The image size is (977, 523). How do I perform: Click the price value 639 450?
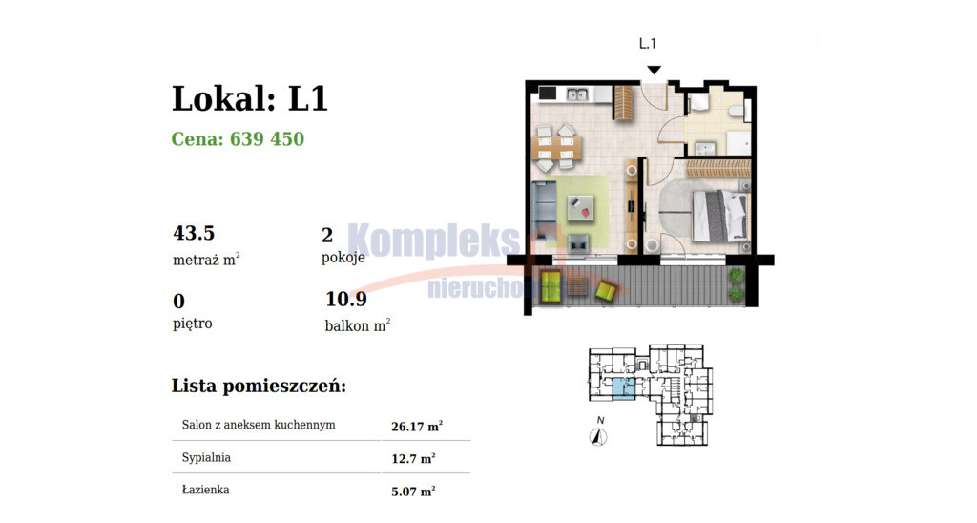pos(267,138)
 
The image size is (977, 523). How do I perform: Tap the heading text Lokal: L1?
pos(250,98)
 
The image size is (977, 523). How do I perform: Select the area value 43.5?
pos(194,233)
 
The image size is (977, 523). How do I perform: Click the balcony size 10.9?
pos(346,300)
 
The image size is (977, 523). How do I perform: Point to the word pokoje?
pos(343,257)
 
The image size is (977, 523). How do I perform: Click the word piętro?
pos(193,323)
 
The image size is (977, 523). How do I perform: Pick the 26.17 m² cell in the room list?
pos(417,426)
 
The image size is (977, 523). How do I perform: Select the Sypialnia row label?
pos(206,457)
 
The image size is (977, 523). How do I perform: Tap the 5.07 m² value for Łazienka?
pos(413,492)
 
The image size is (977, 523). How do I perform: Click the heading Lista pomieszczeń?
pos(259,386)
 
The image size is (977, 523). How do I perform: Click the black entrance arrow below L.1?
pos(654,70)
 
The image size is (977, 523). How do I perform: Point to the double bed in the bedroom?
pos(719,216)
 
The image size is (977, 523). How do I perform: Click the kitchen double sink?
pos(577,94)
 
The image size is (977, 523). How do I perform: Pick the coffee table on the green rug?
pos(580,209)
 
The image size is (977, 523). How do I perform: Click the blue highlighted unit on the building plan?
pos(624,387)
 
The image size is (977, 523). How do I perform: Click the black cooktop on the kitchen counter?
pos(548,94)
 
